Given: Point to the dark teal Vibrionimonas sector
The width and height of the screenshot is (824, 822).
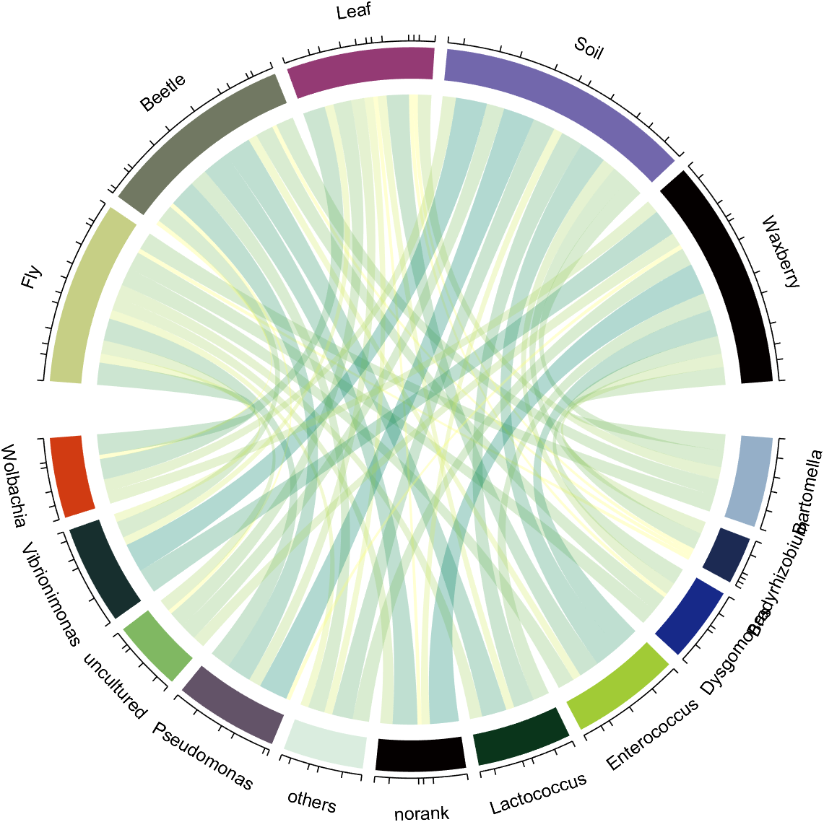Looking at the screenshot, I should coord(105,566).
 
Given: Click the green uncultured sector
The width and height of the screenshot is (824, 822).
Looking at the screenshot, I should coord(157,644).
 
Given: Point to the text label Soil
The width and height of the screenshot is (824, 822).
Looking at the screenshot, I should coord(589,48).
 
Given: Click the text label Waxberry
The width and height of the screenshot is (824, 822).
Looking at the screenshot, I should coord(781,252).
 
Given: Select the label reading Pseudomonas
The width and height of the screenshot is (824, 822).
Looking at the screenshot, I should coord(203,756).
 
